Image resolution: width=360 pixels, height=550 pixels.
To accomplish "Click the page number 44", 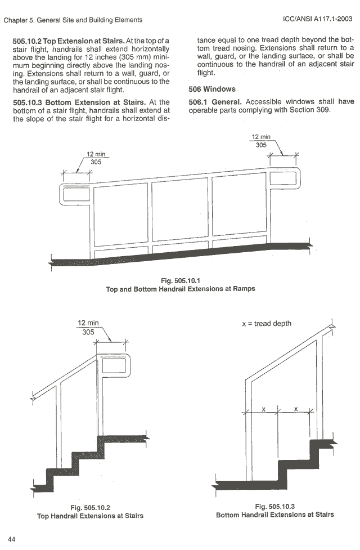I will (x=11, y=539).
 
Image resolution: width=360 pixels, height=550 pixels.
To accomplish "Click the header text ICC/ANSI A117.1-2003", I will (x=318, y=20).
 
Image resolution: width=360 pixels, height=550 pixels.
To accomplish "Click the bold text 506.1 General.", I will (x=215, y=102).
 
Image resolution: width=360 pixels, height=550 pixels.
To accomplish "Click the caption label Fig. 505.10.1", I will (x=180, y=280).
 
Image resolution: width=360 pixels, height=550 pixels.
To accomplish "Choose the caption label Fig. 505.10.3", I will (x=274, y=506).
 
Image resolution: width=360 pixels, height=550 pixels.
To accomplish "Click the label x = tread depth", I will (x=266, y=324).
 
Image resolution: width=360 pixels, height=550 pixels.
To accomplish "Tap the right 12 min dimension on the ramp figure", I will (x=261, y=137).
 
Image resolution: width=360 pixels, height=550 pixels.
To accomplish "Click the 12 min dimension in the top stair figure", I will (x=88, y=323).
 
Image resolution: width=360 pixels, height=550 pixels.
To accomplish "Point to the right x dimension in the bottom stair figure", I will (x=295, y=409).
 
